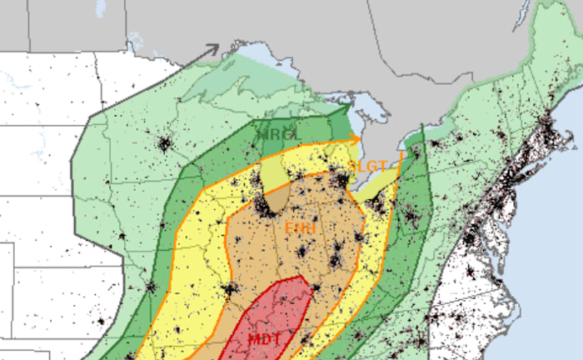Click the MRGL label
pyautogui.click(x=276, y=134)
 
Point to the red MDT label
pyautogui.click(x=266, y=339)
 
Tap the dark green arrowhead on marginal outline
pyautogui.click(x=346, y=108)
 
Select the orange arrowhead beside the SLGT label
pyautogui.click(x=356, y=139)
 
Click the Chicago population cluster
pyautogui.click(x=262, y=204)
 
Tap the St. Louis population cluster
pyautogui.click(x=227, y=290)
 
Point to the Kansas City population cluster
pyautogui.click(x=151, y=287)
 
